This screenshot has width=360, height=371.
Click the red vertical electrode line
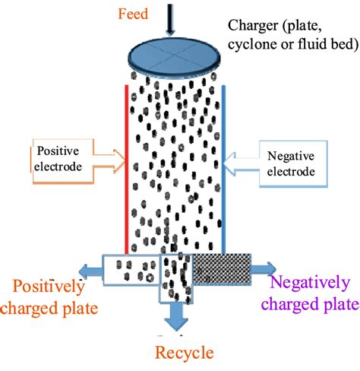[x=125, y=167]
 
